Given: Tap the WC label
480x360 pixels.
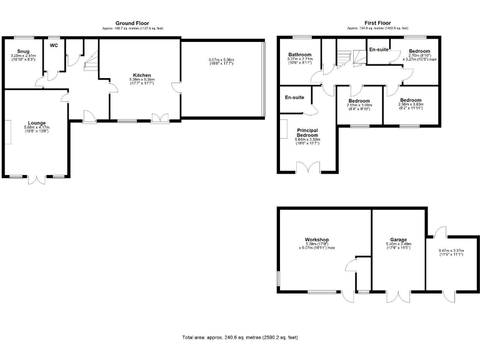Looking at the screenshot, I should click(x=53, y=45).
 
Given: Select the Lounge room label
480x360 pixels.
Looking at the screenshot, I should click(x=36, y=122).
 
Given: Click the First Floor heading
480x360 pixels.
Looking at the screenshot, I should click(x=377, y=23).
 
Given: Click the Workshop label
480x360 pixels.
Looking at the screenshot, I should click(x=317, y=239).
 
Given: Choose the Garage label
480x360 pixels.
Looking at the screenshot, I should click(x=399, y=239).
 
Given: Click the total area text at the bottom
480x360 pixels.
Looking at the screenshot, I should click(x=240, y=337).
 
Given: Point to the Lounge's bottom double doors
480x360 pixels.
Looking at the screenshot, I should click(x=37, y=179).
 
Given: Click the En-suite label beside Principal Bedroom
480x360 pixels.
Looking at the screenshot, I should click(x=294, y=97).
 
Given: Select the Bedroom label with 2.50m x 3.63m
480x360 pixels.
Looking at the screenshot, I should click(x=411, y=100).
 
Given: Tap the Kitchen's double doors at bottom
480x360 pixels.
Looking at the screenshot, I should click(x=159, y=117).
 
